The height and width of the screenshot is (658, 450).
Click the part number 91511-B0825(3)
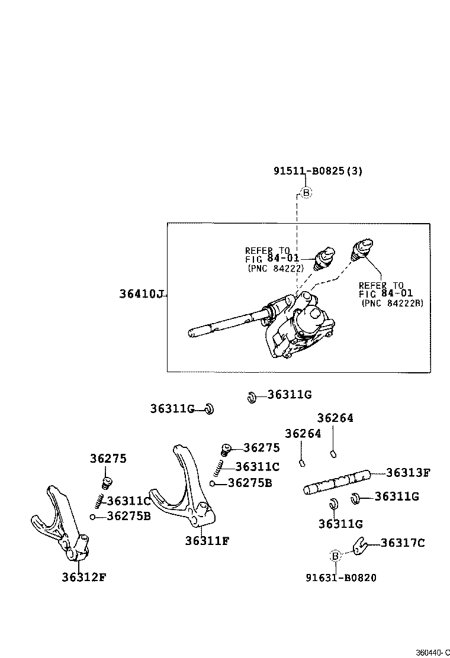click(x=317, y=172)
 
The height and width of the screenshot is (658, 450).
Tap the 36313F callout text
click(x=408, y=473)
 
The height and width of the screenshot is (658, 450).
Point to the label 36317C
click(x=403, y=543)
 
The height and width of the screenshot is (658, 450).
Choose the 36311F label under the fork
click(x=207, y=540)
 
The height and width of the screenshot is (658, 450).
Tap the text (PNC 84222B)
click(x=396, y=303)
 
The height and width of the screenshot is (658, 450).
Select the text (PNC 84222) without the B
click(x=275, y=268)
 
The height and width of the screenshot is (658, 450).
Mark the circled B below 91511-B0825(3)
click(x=306, y=192)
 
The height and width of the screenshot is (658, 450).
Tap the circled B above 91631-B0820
click(x=335, y=556)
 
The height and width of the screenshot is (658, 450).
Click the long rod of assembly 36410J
click(x=228, y=323)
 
